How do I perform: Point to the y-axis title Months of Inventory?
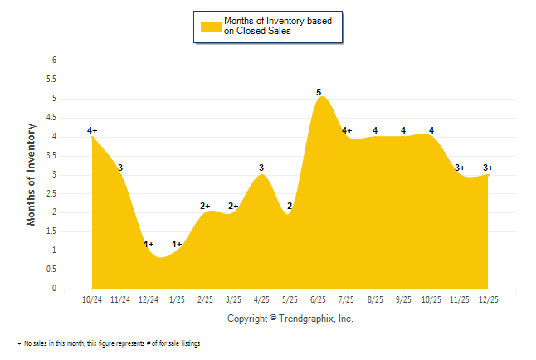point(32,174)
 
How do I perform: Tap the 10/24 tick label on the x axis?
point(92,299)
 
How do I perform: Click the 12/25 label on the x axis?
point(489,299)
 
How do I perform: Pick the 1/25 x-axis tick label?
point(178,299)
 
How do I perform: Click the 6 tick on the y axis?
point(53,61)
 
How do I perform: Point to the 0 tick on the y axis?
point(53,289)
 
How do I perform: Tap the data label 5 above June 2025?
point(319,92)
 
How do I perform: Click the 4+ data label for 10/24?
point(92,130)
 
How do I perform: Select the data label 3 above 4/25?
point(261,168)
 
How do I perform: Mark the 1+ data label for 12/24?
point(149,244)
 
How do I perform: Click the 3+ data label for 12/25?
point(489,168)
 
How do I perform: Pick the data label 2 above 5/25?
point(290,206)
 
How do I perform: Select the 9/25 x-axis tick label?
point(403,299)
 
